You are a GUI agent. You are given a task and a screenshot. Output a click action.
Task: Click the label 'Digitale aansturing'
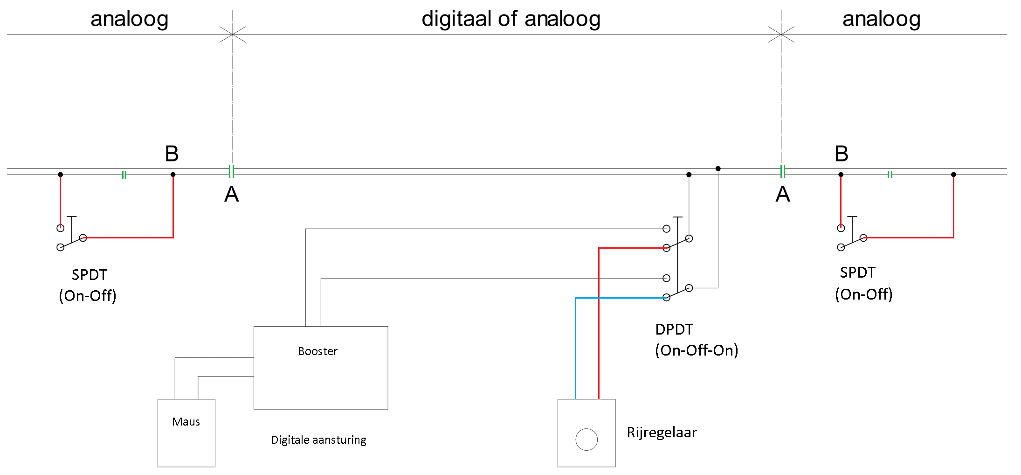(x=318, y=440)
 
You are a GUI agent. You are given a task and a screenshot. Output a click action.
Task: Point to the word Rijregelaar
(x=662, y=433)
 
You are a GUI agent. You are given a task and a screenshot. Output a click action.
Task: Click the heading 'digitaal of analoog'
(x=511, y=19)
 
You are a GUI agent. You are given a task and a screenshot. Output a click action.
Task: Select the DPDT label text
(x=674, y=329)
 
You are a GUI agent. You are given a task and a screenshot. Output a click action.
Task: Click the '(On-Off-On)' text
(x=697, y=350)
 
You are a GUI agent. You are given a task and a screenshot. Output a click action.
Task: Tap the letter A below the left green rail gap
(x=232, y=194)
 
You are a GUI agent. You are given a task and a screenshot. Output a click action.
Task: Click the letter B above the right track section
(x=842, y=154)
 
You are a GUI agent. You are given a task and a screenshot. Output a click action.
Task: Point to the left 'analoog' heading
(x=129, y=19)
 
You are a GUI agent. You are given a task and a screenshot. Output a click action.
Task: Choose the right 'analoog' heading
(x=881, y=19)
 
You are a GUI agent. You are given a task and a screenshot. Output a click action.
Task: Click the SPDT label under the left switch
(x=90, y=275)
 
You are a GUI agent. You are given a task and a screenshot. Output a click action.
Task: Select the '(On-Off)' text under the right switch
(x=863, y=294)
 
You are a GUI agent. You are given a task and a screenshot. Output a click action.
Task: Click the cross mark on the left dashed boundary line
(x=233, y=34)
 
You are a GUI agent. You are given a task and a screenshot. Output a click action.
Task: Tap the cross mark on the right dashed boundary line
(x=781, y=34)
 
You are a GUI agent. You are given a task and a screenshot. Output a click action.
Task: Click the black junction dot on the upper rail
(x=718, y=168)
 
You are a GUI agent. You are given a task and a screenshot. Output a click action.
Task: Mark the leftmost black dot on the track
(x=60, y=175)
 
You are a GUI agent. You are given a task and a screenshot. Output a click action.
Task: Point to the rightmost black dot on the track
(x=953, y=175)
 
